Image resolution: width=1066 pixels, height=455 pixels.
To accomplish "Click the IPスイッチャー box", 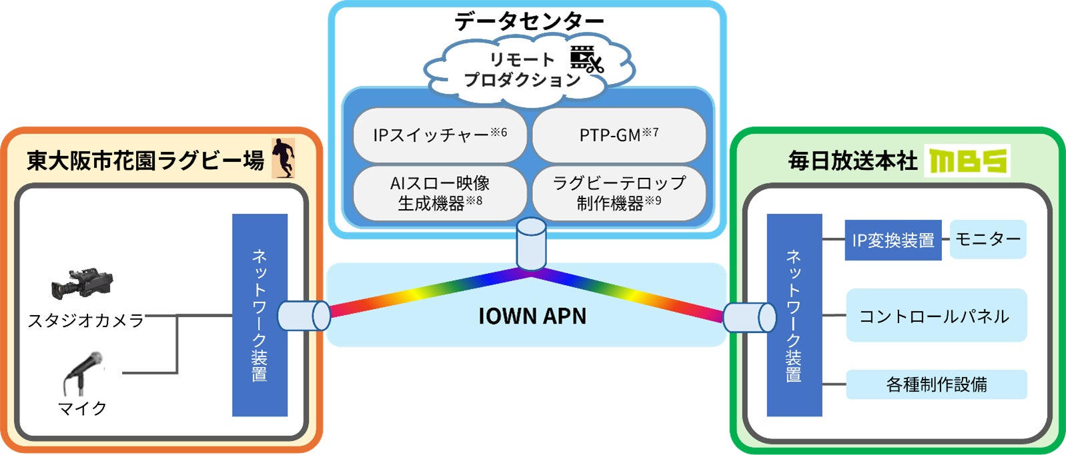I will (x=440, y=135).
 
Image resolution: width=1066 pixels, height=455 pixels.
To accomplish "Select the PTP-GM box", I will (x=618, y=135).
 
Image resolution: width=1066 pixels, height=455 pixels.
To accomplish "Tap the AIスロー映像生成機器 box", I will (x=440, y=193).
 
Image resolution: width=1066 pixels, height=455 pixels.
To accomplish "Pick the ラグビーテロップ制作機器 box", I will (x=618, y=193).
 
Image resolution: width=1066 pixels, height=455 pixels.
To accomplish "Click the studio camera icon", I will (x=82, y=284).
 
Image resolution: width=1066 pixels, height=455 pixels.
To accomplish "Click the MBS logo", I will (x=967, y=161).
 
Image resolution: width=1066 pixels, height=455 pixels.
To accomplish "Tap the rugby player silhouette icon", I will (x=284, y=158).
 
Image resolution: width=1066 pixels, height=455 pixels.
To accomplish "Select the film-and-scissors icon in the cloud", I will (x=586, y=59).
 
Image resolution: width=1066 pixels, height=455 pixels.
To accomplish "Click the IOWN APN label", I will (x=532, y=316).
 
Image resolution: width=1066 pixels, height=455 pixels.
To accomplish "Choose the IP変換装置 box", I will (x=893, y=240).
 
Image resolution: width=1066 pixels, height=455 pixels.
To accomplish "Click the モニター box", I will (x=988, y=239).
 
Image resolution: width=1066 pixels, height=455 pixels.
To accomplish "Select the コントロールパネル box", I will (x=936, y=316).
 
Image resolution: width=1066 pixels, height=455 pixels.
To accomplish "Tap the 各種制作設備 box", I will (x=936, y=384).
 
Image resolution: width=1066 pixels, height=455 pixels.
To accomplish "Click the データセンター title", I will (x=528, y=22).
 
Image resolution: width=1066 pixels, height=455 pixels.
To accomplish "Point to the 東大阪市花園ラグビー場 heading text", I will (x=145, y=161).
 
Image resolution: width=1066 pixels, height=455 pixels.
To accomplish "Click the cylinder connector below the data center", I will (x=531, y=244).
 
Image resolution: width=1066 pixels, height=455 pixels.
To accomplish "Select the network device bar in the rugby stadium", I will (x=259, y=315).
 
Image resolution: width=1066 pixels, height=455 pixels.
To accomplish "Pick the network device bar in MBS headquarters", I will (x=794, y=315).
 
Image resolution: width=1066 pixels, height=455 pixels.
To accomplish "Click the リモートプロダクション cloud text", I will (x=522, y=69).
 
